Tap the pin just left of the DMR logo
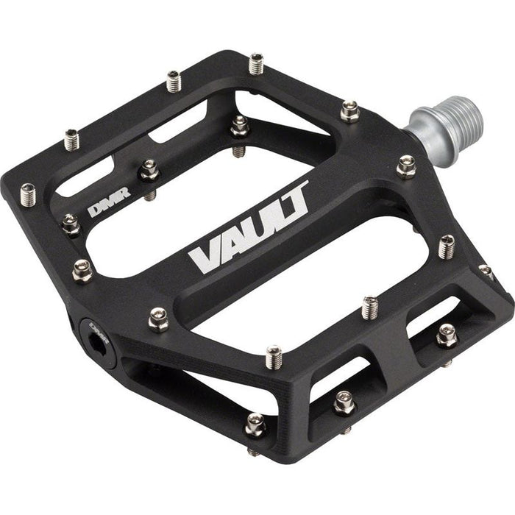(x=71, y=223)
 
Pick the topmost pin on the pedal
(x=256, y=63)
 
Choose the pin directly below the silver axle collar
(x=406, y=166)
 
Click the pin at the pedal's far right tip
(x=486, y=271)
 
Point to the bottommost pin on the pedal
(x=255, y=425)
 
